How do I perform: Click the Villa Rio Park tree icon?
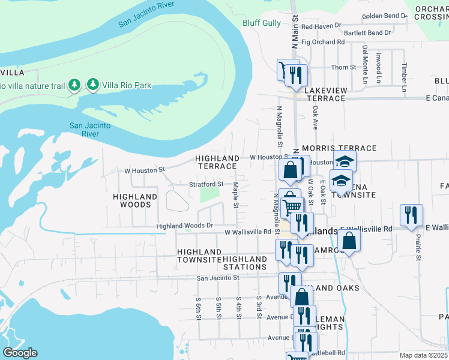click(x=93, y=85)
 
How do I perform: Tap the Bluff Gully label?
click(x=261, y=23)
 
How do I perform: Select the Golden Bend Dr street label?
click(x=384, y=16)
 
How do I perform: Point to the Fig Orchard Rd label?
click(x=323, y=43)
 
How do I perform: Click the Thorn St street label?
click(x=343, y=67)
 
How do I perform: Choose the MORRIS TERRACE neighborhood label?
click(x=339, y=148)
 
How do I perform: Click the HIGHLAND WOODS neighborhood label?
click(x=135, y=200)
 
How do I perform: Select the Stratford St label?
click(x=206, y=184)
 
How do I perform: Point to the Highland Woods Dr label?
click(x=184, y=226)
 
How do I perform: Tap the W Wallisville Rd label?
click(x=248, y=232)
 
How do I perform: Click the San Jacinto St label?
click(x=218, y=278)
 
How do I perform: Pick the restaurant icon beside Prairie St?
click(x=411, y=215)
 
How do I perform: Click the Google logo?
click(x=19, y=353)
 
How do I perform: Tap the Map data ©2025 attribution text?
click(x=423, y=355)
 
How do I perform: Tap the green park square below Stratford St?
click(x=209, y=195)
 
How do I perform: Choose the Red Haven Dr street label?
click(x=321, y=26)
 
